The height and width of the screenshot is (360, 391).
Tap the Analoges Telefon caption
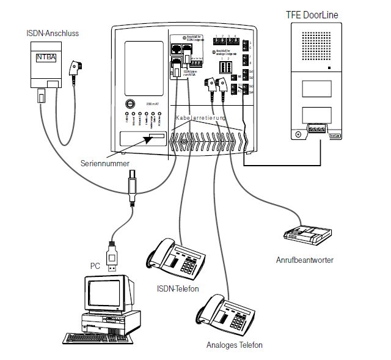click(234, 345)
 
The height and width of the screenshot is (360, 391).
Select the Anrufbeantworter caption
click(304, 260)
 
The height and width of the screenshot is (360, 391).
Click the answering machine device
click(307, 233)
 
